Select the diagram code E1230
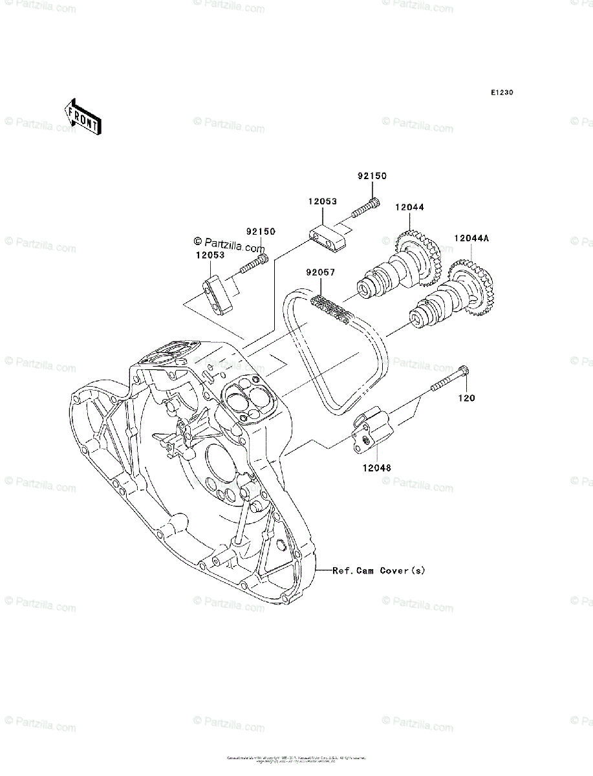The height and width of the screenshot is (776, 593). tap(501, 93)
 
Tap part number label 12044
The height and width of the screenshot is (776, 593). tap(411, 207)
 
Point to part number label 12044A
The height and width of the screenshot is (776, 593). tap(471, 238)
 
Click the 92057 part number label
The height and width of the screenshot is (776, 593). tap(321, 273)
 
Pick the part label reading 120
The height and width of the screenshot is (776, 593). tap(467, 398)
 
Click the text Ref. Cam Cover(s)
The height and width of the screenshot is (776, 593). tap(379, 570)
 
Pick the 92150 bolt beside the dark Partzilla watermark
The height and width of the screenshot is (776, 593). tap(255, 264)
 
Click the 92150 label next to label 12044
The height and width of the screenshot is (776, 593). tap(372, 176)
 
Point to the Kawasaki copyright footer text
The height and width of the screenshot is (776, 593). tap(296, 759)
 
